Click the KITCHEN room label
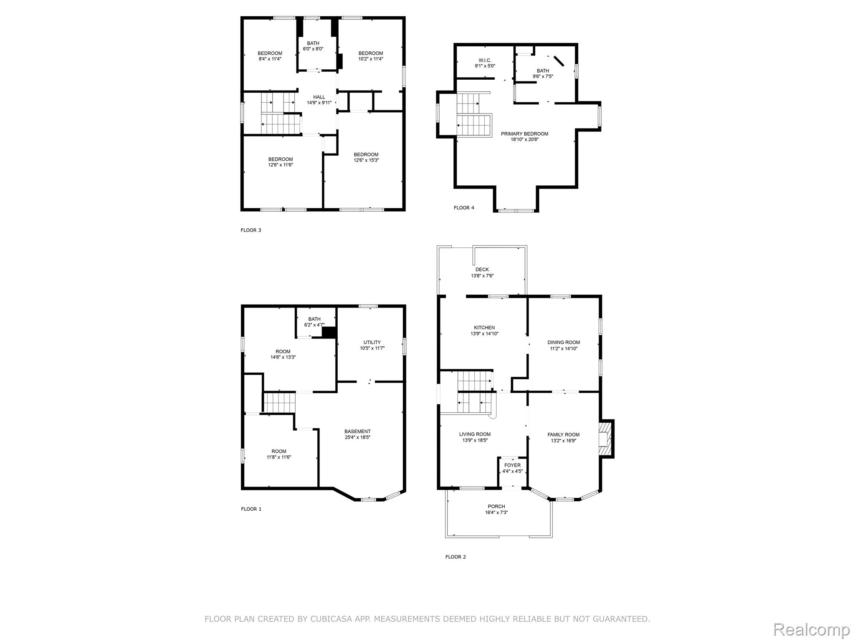(x=484, y=328)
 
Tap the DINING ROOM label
(x=564, y=343)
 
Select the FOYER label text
(x=512, y=465)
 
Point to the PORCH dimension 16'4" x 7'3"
(x=496, y=512)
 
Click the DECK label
(x=482, y=270)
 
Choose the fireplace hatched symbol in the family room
(x=605, y=439)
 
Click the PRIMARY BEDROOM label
(x=524, y=134)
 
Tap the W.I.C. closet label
(x=485, y=61)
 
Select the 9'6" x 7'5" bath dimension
(x=543, y=76)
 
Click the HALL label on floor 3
(x=319, y=97)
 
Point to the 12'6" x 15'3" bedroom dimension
(x=366, y=160)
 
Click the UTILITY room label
(x=372, y=342)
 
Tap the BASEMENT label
(x=357, y=432)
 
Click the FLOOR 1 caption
(x=251, y=509)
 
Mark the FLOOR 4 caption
(x=464, y=208)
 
